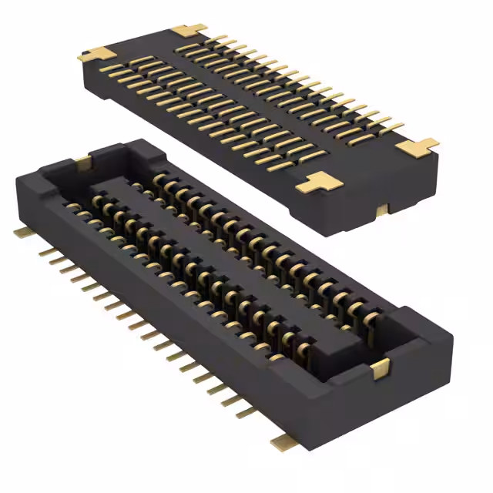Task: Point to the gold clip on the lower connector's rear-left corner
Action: point(82,161)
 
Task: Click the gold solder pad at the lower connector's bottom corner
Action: point(284,440)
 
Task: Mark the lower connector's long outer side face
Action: point(154,331)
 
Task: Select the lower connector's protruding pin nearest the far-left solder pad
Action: point(42,250)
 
